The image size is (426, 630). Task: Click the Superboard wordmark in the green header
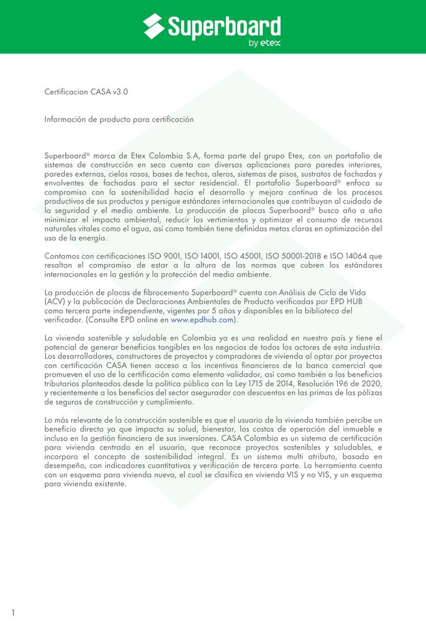223,26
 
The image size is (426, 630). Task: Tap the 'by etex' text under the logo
264,43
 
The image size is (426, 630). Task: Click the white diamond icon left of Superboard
154,26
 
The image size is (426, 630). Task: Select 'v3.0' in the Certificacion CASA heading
120,92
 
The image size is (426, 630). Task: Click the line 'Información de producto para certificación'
119,119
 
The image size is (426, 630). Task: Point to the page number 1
13,612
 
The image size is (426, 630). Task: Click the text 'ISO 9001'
160,256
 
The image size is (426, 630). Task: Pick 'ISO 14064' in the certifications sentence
361,256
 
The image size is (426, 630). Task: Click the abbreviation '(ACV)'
55,302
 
